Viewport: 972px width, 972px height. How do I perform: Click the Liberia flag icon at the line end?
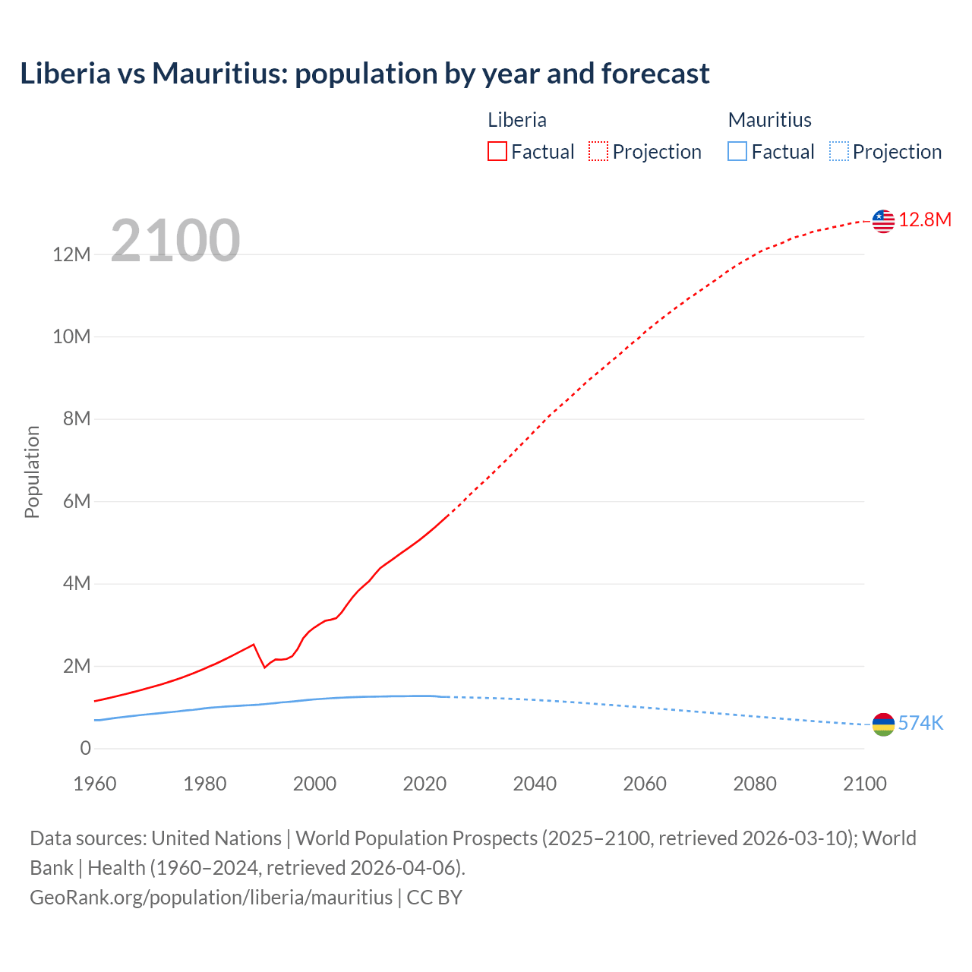883,221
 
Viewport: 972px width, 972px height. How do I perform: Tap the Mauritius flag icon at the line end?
883,724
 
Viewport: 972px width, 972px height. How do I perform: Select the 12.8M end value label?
925,220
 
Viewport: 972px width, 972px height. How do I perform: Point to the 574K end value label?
920,724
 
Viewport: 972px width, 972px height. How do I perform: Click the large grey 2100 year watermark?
175,241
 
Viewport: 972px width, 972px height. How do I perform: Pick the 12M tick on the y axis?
72,254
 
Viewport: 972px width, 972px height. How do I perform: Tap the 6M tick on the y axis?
77,501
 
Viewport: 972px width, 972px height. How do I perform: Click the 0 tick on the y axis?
85,749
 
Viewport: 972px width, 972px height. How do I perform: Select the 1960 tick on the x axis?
95,784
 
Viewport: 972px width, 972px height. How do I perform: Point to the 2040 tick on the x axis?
535,784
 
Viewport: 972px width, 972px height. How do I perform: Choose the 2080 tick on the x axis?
755,784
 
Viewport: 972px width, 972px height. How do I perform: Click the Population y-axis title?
32,472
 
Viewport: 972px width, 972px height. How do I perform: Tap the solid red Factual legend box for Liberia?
497,152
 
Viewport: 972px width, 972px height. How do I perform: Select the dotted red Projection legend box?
598,152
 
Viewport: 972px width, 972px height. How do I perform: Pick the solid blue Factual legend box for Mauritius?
737,152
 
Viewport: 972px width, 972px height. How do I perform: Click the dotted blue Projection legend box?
839,152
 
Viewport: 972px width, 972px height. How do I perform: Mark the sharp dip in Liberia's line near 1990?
264,667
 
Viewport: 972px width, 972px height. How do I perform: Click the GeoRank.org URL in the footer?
211,898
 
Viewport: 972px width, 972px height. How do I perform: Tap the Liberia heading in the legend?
517,120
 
